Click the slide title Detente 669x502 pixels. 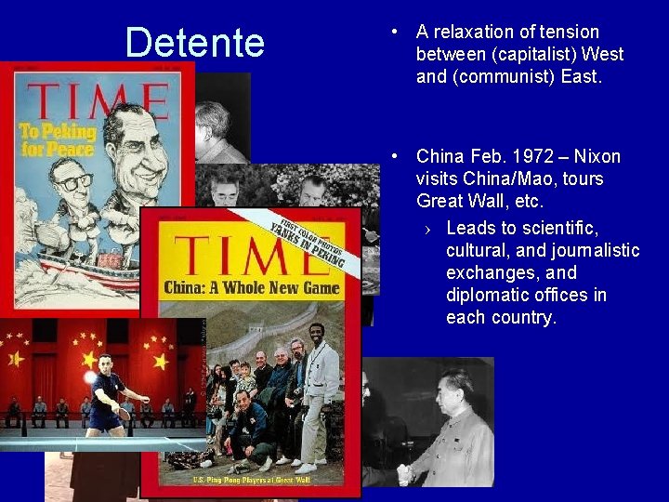194,43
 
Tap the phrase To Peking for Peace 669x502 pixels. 57,139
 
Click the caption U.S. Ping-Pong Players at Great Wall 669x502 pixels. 251,480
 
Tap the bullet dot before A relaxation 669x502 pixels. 396,33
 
